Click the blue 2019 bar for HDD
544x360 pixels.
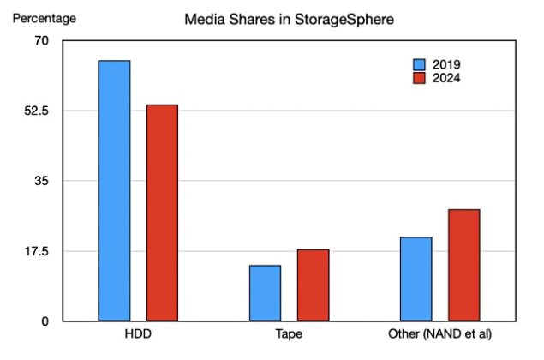click(114, 191)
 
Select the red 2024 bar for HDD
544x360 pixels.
click(162, 213)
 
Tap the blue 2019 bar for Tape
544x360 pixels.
click(265, 293)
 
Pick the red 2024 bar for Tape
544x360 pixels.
click(313, 285)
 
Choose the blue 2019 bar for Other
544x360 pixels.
click(415, 279)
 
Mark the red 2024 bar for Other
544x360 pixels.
click(463, 265)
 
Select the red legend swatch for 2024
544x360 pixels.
click(420, 78)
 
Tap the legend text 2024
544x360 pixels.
click(447, 78)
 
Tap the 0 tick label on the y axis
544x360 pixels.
click(46, 321)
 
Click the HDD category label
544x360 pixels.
click(138, 333)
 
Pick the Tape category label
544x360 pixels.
click(289, 333)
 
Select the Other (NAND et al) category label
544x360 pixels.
click(439, 333)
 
